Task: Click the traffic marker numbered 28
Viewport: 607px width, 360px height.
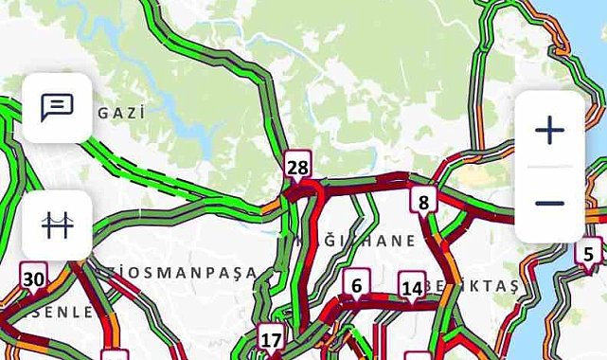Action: (297, 168)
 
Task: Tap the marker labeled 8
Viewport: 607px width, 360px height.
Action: (423, 200)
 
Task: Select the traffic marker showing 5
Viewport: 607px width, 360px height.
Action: (588, 253)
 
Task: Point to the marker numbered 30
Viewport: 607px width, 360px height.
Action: (33, 279)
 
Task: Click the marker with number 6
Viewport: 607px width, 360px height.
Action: (356, 284)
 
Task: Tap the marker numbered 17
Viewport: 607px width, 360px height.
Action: (271, 338)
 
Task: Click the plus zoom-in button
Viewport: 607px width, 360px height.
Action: (549, 131)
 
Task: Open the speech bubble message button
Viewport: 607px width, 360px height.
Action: (57, 108)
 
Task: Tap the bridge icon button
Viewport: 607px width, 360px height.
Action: (57, 225)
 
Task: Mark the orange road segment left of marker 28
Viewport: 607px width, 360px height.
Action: (272, 204)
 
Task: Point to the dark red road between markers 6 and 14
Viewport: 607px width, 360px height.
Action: (384, 305)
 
